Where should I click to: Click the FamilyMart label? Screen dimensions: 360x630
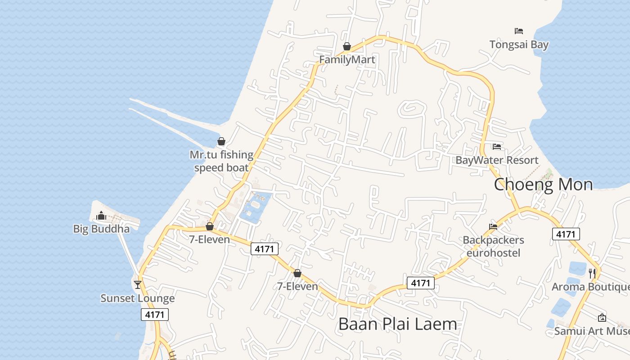347,60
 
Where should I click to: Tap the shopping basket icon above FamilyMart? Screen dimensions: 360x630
347,46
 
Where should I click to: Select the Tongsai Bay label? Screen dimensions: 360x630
519,45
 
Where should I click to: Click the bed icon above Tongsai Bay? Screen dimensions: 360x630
519,31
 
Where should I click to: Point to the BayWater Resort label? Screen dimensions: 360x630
497,160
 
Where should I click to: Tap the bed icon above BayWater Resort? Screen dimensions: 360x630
497,147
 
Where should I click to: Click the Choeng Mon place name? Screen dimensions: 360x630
543,184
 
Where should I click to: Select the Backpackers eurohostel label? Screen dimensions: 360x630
493,247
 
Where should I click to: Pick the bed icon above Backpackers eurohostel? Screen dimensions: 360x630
493,227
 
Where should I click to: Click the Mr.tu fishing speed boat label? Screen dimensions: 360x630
221,161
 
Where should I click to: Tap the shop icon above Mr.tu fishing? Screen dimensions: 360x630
221,142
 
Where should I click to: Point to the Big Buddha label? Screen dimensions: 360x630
101,229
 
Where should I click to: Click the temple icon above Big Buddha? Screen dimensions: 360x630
101,216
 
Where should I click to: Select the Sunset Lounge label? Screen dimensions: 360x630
138,298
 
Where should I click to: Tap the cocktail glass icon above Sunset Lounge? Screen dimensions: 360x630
138,285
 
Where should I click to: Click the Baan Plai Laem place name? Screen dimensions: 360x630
397,324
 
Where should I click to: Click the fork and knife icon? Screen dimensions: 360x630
592,273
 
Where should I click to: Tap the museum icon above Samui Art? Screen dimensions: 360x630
602,318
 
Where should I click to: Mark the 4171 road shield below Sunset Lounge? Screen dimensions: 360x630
155,315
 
